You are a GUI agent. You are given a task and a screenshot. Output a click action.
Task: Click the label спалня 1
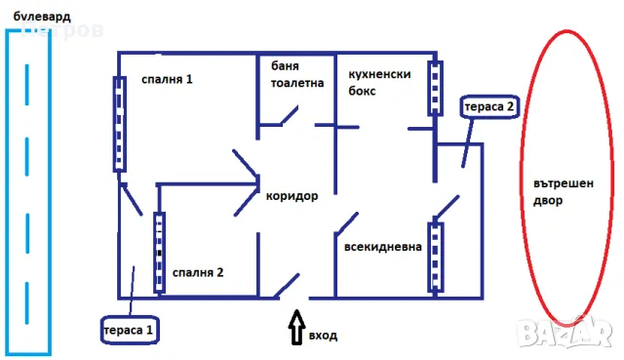(x=167, y=78)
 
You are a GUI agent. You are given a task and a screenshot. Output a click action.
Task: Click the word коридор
(x=292, y=195)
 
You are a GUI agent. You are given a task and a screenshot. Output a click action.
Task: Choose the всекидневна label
(x=382, y=247)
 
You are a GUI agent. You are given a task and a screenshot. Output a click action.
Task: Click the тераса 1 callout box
(x=129, y=329)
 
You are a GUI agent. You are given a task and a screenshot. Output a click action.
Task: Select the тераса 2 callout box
(x=488, y=106)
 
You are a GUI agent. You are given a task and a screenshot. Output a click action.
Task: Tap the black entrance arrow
(x=295, y=327)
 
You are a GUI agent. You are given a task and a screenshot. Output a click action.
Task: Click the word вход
(x=323, y=336)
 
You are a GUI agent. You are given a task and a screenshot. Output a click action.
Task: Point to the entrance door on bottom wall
(x=286, y=286)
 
